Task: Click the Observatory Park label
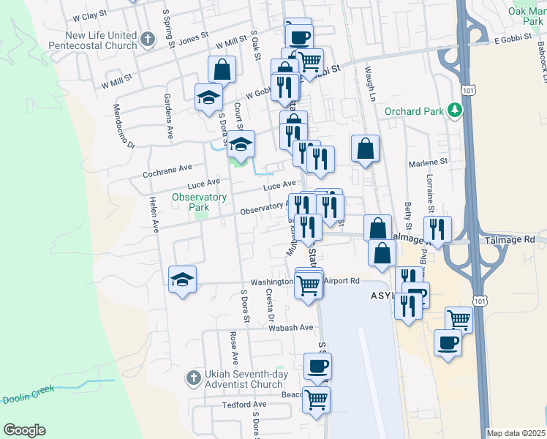[x=200, y=202]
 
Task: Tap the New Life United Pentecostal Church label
[x=91, y=40]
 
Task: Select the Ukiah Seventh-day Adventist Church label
[x=244, y=379]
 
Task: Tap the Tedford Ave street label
[x=244, y=405]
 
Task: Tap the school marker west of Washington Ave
[x=182, y=279]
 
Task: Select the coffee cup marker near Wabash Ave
[x=317, y=366]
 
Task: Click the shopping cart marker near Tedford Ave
[x=316, y=399]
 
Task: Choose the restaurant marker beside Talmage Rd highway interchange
[x=437, y=229]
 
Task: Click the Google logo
[x=24, y=430]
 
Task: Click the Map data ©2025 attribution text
[x=516, y=433]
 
